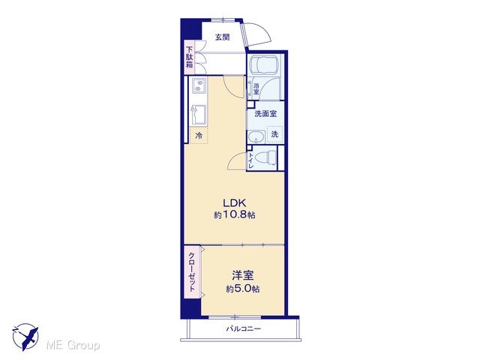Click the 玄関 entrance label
point(222,37)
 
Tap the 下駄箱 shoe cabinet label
point(190,57)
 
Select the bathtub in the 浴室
point(263,64)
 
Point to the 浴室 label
point(256,88)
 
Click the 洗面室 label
point(265,114)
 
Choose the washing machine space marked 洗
point(274,134)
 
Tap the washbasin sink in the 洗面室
point(256,137)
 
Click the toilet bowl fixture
point(268,158)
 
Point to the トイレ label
point(250,160)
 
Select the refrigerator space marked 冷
point(199,135)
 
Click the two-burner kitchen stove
point(199,85)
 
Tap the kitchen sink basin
point(199,115)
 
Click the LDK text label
point(235,203)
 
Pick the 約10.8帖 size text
point(235,215)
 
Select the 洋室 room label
point(243,275)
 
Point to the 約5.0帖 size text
point(243,289)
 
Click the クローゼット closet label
point(192,271)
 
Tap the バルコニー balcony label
point(244,329)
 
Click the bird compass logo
point(25,337)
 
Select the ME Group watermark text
point(73,346)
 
